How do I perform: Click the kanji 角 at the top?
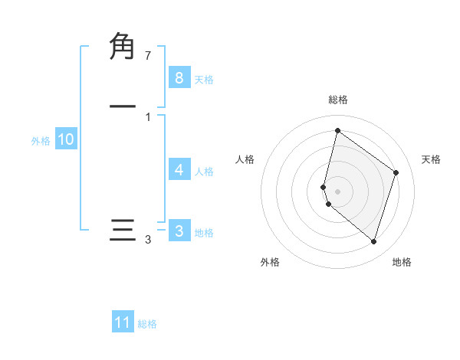(x=123, y=45)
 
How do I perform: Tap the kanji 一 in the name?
(x=123, y=106)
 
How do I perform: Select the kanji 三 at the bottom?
(x=123, y=231)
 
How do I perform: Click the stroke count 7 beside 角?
(x=148, y=56)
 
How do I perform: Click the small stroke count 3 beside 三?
(x=148, y=241)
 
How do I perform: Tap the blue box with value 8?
(x=179, y=77)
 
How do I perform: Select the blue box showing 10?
(x=66, y=139)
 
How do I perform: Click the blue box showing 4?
(x=179, y=169)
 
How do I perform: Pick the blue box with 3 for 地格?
(x=179, y=231)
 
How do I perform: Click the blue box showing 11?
(x=123, y=322)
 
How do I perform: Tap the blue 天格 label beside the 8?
(x=204, y=79)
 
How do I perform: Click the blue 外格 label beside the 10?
(x=41, y=141)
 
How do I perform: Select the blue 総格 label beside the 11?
(x=147, y=324)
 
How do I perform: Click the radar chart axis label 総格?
(x=338, y=100)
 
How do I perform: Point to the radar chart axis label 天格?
(x=431, y=159)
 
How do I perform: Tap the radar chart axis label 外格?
(x=270, y=263)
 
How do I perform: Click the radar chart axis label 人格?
(x=245, y=159)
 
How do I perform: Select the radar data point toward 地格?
(x=373, y=242)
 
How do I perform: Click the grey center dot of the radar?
(x=338, y=191)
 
